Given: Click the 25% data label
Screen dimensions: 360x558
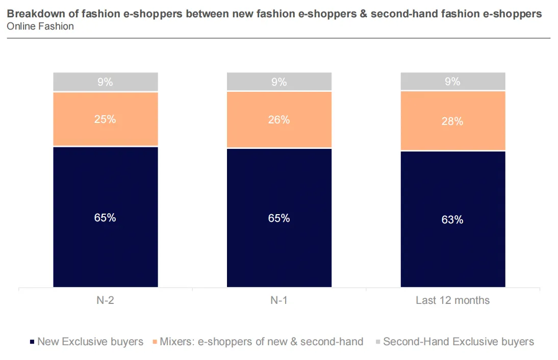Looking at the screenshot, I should click(x=105, y=119).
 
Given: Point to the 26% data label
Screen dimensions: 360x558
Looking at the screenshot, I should click(x=279, y=120).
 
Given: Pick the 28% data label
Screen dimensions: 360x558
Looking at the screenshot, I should click(x=452, y=121).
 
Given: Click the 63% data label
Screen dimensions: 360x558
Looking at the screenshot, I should click(x=452, y=220).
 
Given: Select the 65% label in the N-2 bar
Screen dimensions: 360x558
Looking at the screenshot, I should click(x=105, y=218).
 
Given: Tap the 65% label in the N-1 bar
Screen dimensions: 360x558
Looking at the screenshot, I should click(x=279, y=218).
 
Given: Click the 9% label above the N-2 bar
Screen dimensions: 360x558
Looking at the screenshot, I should click(x=105, y=82).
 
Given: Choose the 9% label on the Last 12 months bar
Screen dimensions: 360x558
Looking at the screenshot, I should click(x=452, y=82).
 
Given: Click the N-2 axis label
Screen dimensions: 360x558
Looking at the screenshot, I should click(x=105, y=300).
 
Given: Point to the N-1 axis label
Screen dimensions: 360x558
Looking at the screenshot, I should click(x=279, y=300).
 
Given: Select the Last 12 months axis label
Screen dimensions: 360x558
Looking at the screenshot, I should click(x=452, y=300).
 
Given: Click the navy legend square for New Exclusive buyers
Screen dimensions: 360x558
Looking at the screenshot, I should click(x=33, y=342).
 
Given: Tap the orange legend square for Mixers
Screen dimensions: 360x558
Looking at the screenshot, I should click(x=155, y=342).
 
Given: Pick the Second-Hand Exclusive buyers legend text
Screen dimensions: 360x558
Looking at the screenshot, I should click(x=458, y=342).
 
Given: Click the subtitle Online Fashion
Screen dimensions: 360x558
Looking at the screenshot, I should click(x=40, y=26).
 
